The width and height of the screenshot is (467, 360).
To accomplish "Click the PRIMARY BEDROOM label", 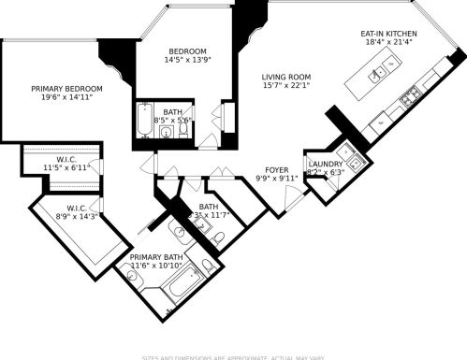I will pyautogui.click(x=66, y=89).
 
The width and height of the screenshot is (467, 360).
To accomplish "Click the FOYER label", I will pyautogui.click(x=276, y=169).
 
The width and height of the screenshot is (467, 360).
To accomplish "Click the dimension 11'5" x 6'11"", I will pyautogui.click(x=66, y=167).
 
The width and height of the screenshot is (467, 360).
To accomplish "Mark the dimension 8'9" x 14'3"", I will pyautogui.click(x=77, y=216).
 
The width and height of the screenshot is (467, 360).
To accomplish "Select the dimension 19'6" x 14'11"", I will pyautogui.click(x=66, y=98).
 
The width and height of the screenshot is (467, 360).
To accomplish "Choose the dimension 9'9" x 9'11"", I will pyautogui.click(x=276, y=178).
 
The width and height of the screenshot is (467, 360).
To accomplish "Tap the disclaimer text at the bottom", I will pyautogui.click(x=233, y=356).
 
